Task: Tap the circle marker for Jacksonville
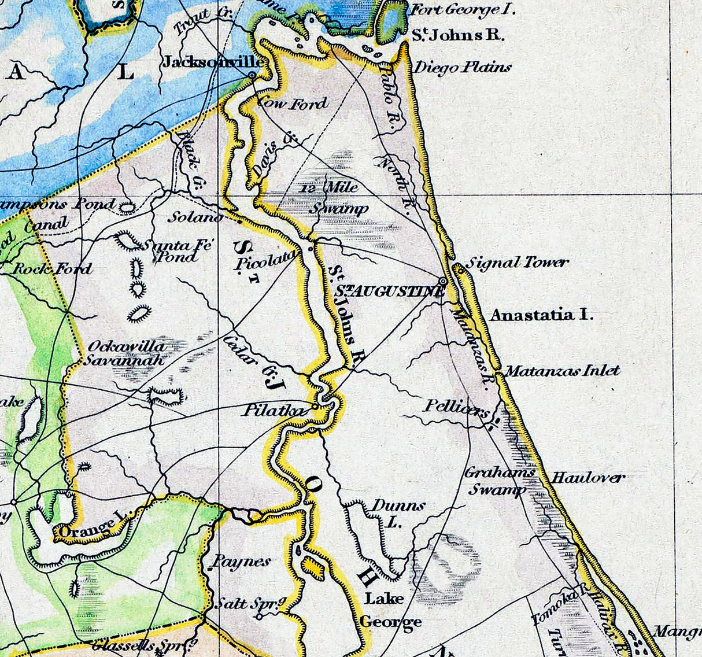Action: [x=252, y=75]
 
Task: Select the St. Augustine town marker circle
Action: [x=443, y=280]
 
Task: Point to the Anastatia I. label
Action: [x=541, y=315]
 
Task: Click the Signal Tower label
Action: [x=517, y=263]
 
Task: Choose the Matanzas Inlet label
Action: [x=562, y=370]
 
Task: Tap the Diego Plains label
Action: [x=462, y=68]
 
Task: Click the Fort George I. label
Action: [x=462, y=10]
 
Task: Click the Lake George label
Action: [x=390, y=610]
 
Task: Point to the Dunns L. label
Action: [x=398, y=512]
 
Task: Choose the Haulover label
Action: [x=588, y=478]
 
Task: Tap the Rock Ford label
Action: [x=52, y=268]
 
